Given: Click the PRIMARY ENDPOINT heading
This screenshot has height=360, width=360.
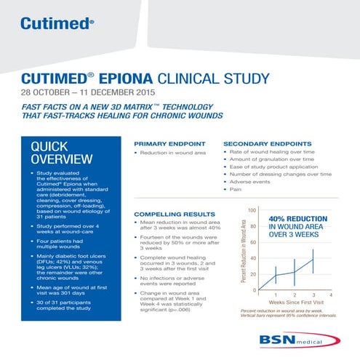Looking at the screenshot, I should tap(169, 144).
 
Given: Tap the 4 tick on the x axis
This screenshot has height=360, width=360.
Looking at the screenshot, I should tap(331, 295).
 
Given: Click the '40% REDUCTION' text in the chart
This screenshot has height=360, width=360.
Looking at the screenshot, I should tap(297, 218).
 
